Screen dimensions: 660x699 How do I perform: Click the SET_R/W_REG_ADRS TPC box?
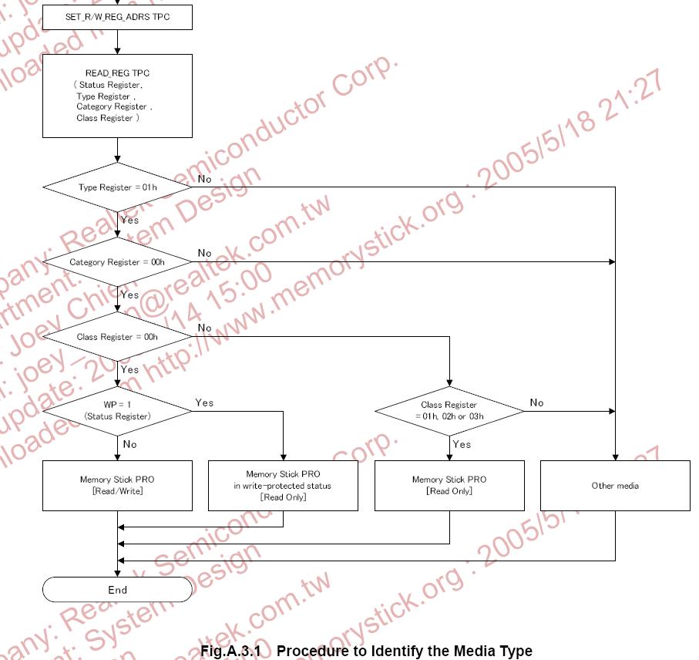tap(118, 17)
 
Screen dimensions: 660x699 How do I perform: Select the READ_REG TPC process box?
tap(118, 96)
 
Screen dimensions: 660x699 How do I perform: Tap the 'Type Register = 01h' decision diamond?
tap(118, 187)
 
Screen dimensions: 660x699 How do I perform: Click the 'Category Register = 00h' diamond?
tap(118, 262)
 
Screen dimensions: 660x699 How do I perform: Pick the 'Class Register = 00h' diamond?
tap(118, 337)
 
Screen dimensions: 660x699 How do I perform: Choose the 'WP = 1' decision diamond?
tap(118, 410)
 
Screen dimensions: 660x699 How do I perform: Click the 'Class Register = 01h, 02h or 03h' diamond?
tap(449, 410)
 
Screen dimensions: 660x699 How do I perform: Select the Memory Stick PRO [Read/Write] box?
tap(118, 485)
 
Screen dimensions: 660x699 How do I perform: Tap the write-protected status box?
tap(283, 485)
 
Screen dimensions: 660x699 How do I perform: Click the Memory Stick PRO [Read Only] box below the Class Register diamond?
tap(449, 485)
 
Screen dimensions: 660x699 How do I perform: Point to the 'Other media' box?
tap(615, 485)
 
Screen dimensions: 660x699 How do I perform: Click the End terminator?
tap(118, 590)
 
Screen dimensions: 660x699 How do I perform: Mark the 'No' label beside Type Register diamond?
tap(204, 179)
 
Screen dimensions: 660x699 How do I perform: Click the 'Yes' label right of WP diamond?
tap(204, 402)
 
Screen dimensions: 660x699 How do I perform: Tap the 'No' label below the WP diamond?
tap(130, 444)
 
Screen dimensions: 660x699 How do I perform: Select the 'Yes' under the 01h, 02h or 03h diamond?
tap(462, 444)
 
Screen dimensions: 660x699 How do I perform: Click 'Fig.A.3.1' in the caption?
tap(231, 652)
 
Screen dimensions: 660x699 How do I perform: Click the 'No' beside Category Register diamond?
tap(204, 253)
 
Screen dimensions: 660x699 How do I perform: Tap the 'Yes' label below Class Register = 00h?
tap(130, 369)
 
